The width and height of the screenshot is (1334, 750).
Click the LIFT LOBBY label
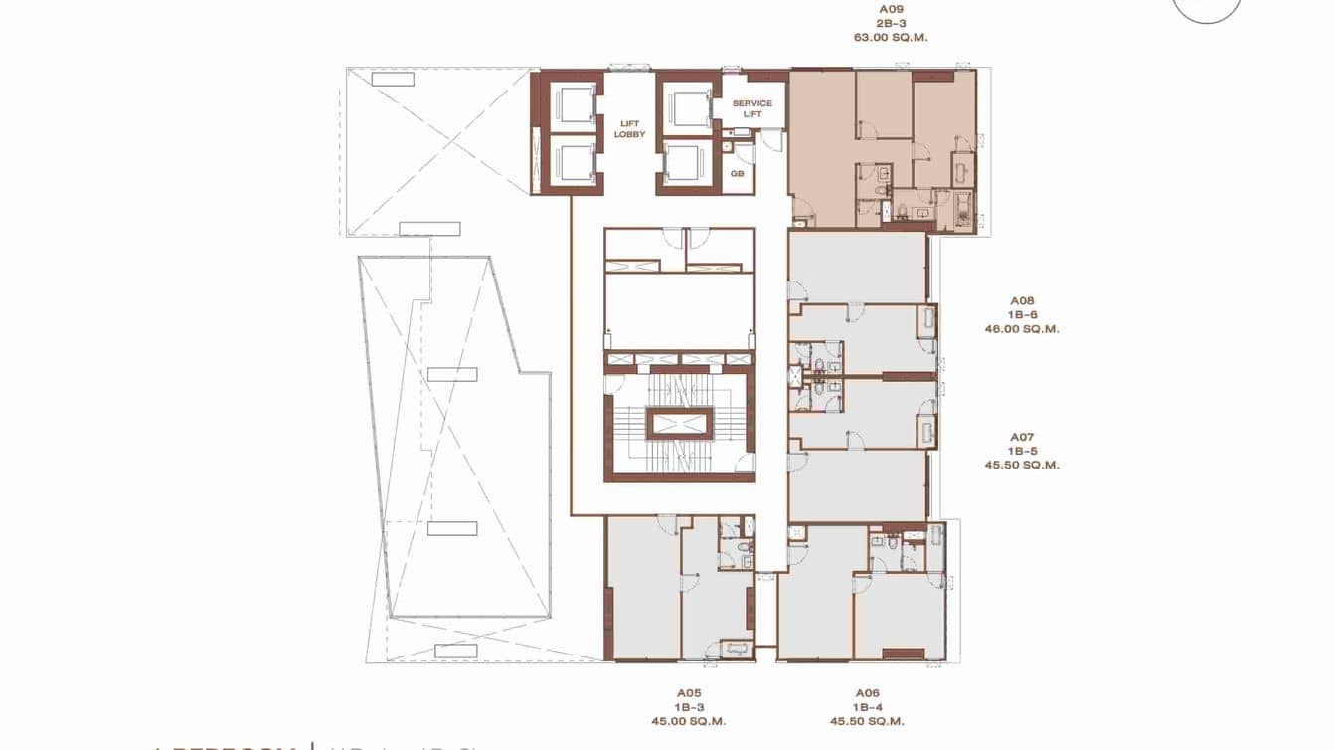(629, 128)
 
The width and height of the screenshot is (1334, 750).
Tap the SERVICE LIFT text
(751, 108)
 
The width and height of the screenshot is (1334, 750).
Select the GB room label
(738, 173)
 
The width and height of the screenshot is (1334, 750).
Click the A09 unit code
(884, 9)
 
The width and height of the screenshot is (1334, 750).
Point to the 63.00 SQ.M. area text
(884, 37)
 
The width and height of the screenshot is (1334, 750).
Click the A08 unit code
(1023, 300)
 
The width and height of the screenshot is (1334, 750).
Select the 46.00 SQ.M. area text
(1023, 328)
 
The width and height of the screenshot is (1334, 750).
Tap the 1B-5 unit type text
(1023, 451)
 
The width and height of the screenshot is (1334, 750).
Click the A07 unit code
(1023, 437)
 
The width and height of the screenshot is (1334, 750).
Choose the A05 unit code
(690, 693)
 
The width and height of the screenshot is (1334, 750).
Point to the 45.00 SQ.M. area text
(690, 721)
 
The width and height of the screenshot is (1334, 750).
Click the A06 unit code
(868, 693)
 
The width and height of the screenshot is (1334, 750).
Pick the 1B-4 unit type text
(868, 707)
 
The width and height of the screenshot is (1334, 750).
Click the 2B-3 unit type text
(884, 23)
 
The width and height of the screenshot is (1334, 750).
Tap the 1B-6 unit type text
(1023, 314)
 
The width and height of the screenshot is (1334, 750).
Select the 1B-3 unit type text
(690, 707)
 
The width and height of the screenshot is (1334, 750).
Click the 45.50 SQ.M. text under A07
(1023, 465)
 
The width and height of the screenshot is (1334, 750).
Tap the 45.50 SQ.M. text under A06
(868, 721)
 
